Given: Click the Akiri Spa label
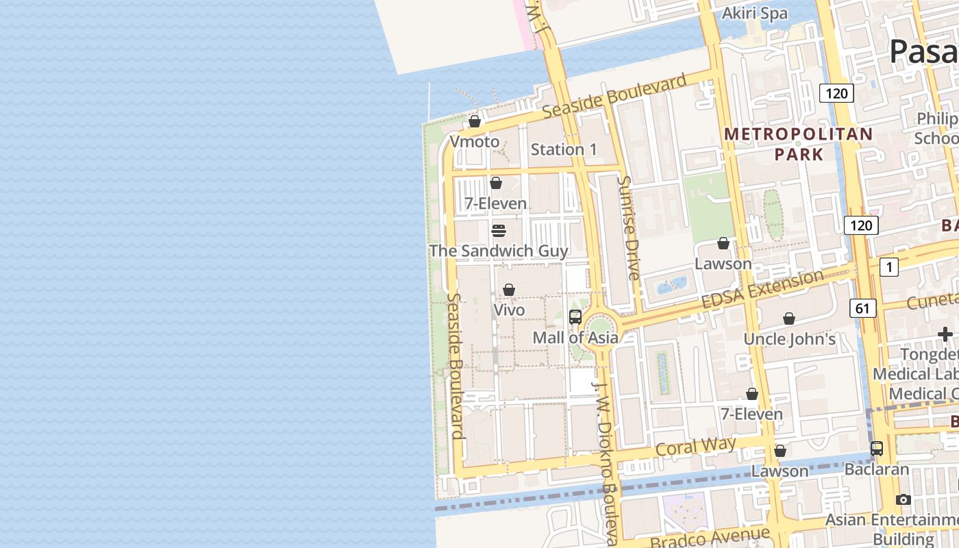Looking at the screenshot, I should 756,13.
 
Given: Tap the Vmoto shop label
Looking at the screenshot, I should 474,141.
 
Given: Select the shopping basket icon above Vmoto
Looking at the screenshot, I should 474,122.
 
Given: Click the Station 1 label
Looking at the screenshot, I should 564,149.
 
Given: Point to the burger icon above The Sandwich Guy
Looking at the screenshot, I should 499,230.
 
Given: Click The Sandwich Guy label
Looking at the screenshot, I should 499,251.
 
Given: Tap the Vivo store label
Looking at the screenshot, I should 509,310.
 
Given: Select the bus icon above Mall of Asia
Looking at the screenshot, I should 575,317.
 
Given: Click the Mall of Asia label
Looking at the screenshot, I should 575,337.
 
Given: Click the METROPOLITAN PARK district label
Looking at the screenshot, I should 799,144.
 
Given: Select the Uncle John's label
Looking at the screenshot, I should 789,338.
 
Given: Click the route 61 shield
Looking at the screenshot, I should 862,308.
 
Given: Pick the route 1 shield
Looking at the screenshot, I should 888,267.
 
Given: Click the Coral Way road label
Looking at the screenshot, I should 695,447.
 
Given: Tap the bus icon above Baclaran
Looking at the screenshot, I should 877,449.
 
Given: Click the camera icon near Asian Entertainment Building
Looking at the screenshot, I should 904,500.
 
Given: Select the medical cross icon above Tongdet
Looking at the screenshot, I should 945,334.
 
